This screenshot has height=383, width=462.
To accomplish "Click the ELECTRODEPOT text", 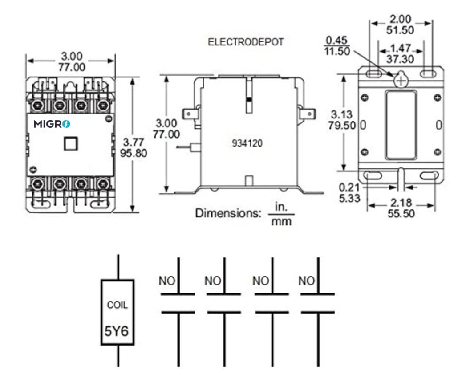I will click(x=246, y=43).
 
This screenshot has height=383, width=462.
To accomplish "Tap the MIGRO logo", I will click(x=52, y=124).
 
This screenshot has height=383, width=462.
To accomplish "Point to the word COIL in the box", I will click(x=117, y=305).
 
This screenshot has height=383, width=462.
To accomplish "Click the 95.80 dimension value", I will click(x=134, y=153).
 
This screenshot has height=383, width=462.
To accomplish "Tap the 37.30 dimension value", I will click(x=401, y=59).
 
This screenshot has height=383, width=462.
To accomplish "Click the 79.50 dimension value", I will click(x=342, y=125).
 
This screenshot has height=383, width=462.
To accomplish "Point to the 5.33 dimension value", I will click(x=349, y=197).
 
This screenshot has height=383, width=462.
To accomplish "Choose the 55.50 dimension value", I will click(x=401, y=213).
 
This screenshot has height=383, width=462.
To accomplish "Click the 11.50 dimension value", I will click(x=337, y=51).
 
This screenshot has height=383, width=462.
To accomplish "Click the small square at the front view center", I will click(x=71, y=143).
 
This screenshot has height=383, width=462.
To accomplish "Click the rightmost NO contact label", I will click(x=307, y=281).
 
